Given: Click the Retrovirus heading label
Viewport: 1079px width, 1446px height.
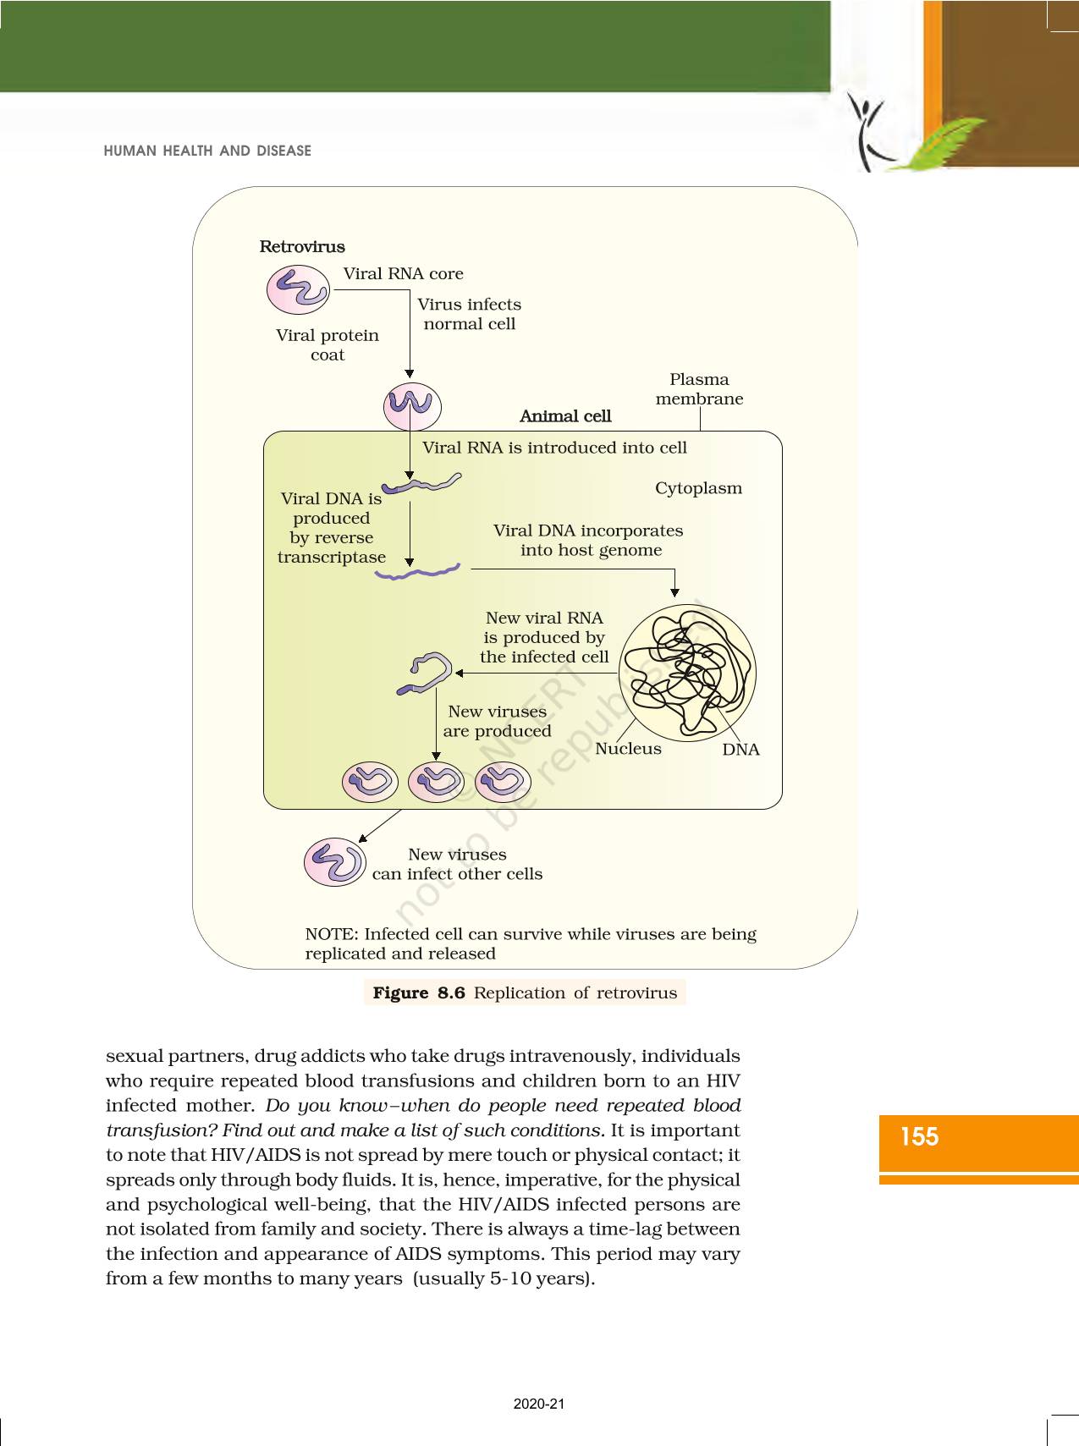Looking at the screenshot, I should pos(302,247).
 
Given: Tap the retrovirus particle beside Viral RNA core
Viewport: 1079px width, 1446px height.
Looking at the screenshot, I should pos(298,289).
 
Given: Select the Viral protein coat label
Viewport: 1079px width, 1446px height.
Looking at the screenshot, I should pos(328,344).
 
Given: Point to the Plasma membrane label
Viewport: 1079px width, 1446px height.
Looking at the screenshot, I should pos(699,389).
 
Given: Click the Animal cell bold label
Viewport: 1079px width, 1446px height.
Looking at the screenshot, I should pos(565,416).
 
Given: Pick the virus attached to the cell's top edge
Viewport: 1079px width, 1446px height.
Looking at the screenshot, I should pos(412,406).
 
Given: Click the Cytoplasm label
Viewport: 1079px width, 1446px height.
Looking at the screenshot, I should pos(698,488).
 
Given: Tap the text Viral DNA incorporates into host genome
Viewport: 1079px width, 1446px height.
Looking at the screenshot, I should pos(589,540).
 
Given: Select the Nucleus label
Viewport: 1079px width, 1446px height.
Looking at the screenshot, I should pos(628,749).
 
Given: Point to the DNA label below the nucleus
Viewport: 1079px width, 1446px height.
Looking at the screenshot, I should pos(740,750).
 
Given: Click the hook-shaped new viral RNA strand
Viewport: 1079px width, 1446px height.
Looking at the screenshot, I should pos(426,674).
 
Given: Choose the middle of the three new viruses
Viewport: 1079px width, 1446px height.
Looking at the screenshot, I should pos(436,781).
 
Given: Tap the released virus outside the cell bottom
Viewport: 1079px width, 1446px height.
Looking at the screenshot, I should pos(335,861).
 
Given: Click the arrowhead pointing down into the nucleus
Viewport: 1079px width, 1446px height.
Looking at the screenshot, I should pos(674,592).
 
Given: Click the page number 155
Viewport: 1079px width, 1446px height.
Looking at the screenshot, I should pos(919,1136).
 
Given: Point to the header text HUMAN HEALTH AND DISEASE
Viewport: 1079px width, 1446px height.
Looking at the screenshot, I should pos(207,151).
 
